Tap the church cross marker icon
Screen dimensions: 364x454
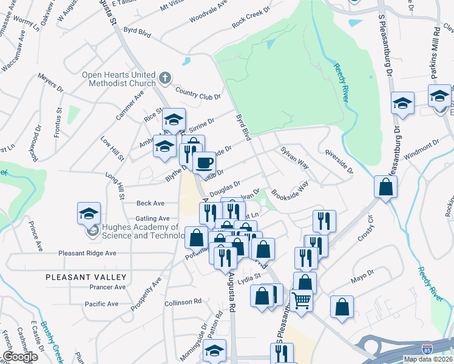pos(165,78)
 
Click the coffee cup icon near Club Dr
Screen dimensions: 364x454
pos(204,163)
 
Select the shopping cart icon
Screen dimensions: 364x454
pos(301,300)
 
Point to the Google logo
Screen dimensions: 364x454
pos(20,357)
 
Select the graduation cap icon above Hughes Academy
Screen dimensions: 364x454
pos(88,214)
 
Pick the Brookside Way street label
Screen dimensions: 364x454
pos(290,194)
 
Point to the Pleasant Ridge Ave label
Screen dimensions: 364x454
pos(87,253)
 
